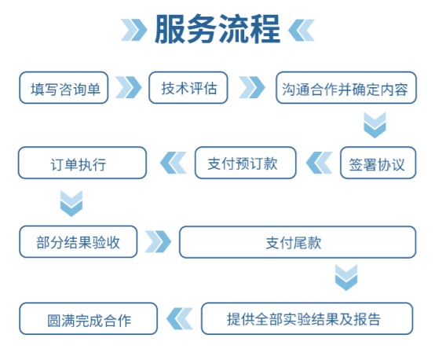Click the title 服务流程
coord(217,31)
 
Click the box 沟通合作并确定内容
coord(345,88)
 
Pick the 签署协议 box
coord(377,163)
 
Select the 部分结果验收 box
coord(79,241)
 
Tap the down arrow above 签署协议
coord(375,124)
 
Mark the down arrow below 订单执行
coord(71,204)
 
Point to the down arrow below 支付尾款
coord(346,279)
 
